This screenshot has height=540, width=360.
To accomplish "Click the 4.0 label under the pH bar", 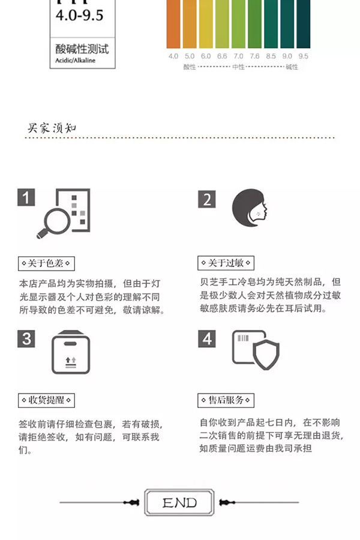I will (173, 56).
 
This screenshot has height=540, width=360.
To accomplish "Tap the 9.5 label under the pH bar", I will (303, 56).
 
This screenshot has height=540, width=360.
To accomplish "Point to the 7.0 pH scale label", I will (238, 56).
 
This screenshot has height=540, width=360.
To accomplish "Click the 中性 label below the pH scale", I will (238, 67).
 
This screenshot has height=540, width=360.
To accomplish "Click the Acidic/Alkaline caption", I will (75, 60).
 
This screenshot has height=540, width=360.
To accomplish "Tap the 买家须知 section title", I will (52, 128).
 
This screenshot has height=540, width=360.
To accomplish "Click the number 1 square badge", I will (26, 198).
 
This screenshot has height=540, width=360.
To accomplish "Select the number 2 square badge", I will (206, 199).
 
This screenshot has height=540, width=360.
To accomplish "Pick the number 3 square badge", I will (26, 338).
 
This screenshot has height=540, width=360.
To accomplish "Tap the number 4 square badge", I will (206, 338).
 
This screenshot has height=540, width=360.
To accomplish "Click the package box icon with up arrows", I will (71, 353).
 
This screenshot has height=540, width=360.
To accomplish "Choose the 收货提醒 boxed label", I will (46, 400).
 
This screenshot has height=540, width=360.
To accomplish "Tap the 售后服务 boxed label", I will (226, 400).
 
